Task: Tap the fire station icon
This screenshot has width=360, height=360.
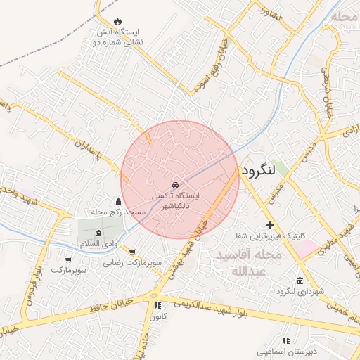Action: [117, 22]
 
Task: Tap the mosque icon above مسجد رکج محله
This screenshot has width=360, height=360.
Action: [117, 201]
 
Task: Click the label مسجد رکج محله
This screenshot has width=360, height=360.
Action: [117, 212]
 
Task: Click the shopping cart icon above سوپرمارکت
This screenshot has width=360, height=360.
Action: [68, 259]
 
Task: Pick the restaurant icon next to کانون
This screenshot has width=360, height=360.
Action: [157, 305]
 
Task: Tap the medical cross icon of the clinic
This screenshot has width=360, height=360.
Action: [269, 224]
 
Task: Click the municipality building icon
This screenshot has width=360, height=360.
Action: [300, 281]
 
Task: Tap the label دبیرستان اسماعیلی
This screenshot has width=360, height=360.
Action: [285, 350]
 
